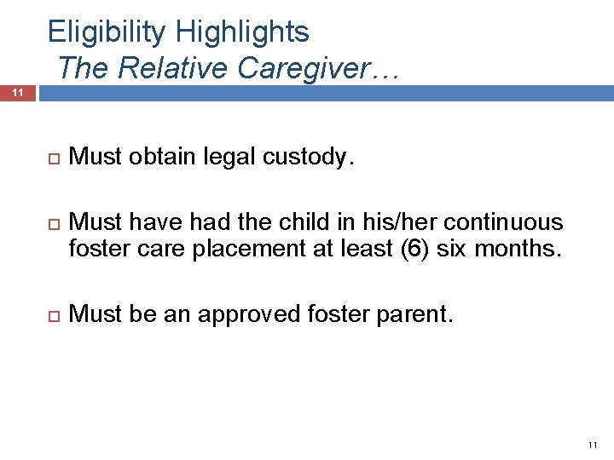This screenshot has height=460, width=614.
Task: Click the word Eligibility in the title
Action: click(107, 32)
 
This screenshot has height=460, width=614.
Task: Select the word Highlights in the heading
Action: click(242, 32)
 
